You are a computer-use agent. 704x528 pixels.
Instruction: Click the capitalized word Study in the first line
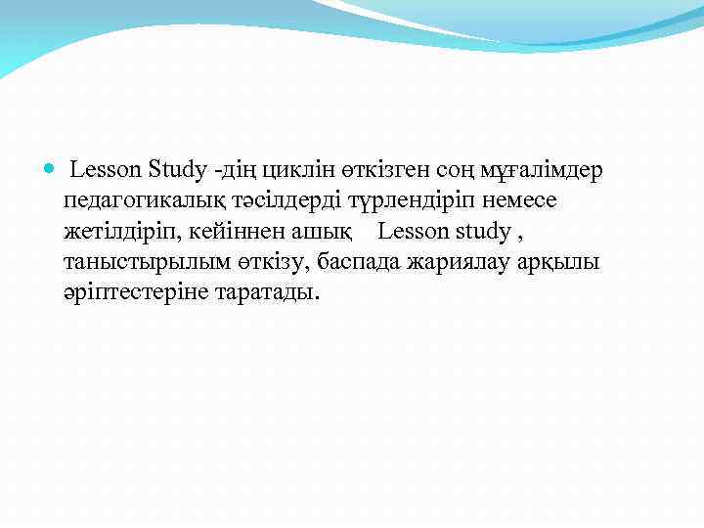click(x=180, y=170)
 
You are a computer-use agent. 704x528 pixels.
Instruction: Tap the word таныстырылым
click(x=146, y=262)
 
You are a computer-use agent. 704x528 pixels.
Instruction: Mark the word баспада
click(x=362, y=262)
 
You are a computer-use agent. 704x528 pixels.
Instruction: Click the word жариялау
click(x=466, y=262)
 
